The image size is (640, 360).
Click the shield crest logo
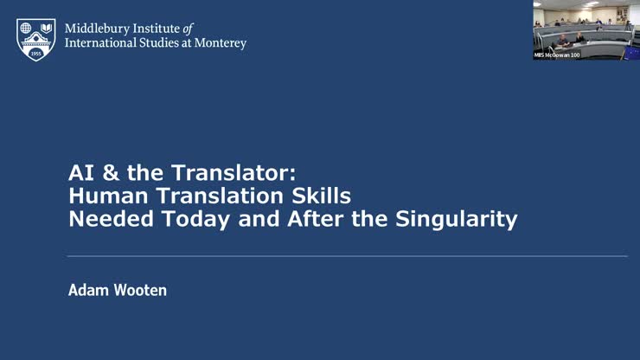tap(36, 39)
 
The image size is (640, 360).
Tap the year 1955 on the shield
tap(36, 53)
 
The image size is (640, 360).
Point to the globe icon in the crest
tap(26, 29)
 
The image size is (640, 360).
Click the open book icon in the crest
tap(46, 29)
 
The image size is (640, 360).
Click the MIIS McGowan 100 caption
tap(556, 55)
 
